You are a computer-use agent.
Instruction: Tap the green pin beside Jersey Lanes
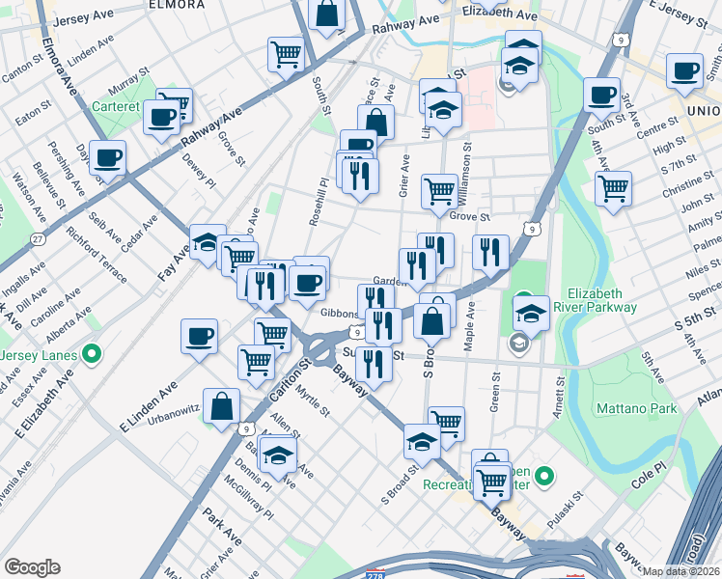point(92,353)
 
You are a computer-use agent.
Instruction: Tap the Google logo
point(33,567)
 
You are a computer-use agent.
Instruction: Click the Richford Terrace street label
point(97,254)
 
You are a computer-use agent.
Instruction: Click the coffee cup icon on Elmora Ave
point(107,156)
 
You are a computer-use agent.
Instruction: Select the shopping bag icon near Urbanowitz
point(222,405)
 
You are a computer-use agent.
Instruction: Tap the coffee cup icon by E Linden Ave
point(200,335)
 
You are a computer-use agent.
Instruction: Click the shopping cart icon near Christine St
point(612,187)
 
